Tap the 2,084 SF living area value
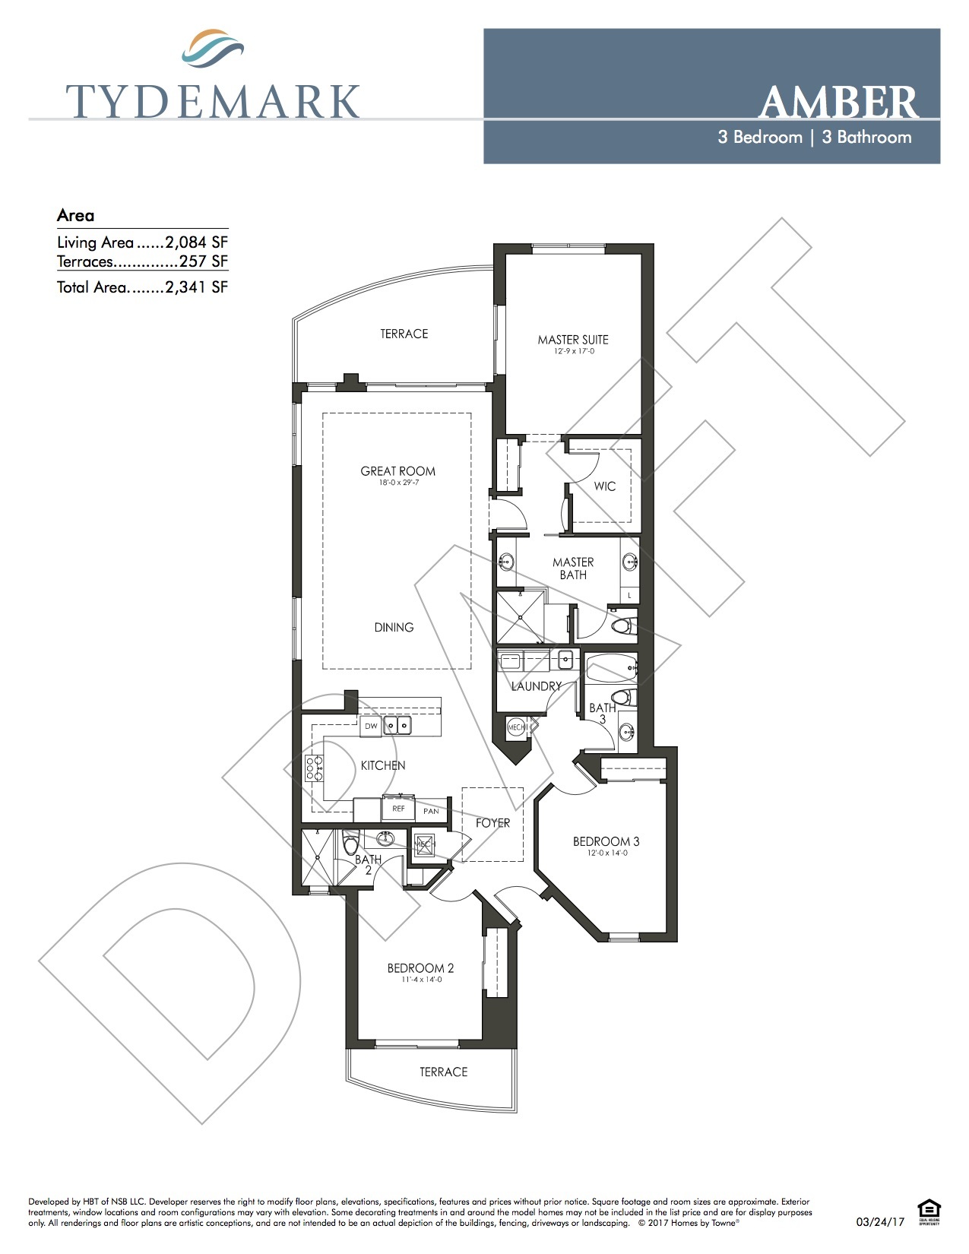pyautogui.click(x=196, y=242)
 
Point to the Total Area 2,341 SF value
pyautogui.click(x=196, y=287)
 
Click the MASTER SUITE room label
pyautogui.click(x=573, y=340)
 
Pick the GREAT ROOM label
pyautogui.click(x=397, y=471)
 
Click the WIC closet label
pyautogui.click(x=605, y=486)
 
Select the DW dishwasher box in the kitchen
pyautogui.click(x=371, y=726)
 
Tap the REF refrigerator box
pyautogui.click(x=398, y=809)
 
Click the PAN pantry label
pyautogui.click(x=431, y=811)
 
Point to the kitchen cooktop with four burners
pyautogui.click(x=314, y=768)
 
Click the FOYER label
pyautogui.click(x=492, y=823)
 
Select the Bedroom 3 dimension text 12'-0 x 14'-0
pyautogui.click(x=606, y=853)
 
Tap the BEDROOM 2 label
pyautogui.click(x=420, y=968)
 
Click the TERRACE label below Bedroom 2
pyautogui.click(x=443, y=1072)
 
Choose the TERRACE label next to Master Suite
pyautogui.click(x=404, y=334)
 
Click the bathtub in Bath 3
pyautogui.click(x=611, y=668)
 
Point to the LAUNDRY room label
pyautogui.click(x=536, y=686)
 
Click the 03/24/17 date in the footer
pyautogui.click(x=880, y=1222)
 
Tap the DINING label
pyautogui.click(x=394, y=627)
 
